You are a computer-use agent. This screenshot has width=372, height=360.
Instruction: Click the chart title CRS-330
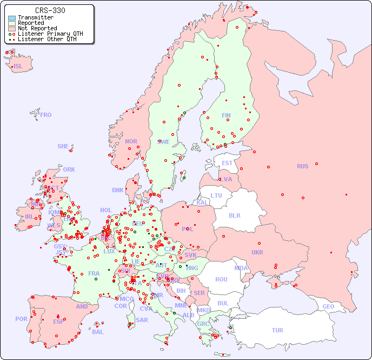click(50, 10)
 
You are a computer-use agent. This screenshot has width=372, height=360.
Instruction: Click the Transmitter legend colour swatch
click(12, 18)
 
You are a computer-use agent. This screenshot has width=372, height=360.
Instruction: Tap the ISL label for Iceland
click(18, 67)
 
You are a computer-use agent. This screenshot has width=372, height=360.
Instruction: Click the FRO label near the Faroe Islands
click(46, 115)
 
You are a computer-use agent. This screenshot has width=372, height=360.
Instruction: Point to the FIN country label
click(226, 115)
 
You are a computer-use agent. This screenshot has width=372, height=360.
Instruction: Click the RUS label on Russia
click(302, 166)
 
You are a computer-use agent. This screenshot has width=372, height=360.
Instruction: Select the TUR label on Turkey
click(277, 330)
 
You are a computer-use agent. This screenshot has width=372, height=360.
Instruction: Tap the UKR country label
click(257, 252)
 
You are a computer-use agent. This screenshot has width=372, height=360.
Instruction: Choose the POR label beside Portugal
click(21, 319)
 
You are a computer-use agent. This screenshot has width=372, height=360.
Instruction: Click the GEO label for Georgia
click(328, 306)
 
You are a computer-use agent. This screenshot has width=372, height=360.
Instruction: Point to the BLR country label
click(234, 215)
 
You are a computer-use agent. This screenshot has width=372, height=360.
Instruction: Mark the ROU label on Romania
click(221, 279)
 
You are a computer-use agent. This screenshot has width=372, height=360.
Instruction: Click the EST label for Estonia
click(227, 163)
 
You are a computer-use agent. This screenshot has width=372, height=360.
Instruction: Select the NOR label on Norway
click(131, 141)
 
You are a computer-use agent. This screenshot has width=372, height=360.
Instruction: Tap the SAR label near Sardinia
click(142, 320)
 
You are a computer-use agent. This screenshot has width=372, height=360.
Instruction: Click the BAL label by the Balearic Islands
click(98, 332)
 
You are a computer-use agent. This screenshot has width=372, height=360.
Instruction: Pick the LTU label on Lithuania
click(216, 195)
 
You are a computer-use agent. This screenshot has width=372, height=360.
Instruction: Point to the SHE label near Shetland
click(63, 146)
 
